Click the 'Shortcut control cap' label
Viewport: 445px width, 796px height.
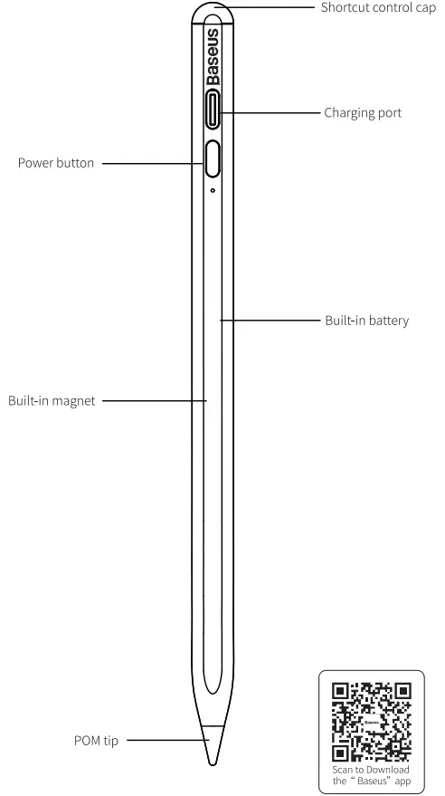point(373,7)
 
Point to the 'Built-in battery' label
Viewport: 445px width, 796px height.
point(360,321)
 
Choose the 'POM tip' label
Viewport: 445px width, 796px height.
point(93,741)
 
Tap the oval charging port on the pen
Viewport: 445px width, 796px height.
point(213,113)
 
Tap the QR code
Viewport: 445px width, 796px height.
point(371,719)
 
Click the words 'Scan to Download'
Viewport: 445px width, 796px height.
point(371,769)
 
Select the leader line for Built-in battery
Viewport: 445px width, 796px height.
point(270,320)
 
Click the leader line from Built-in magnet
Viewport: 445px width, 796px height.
point(154,399)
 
